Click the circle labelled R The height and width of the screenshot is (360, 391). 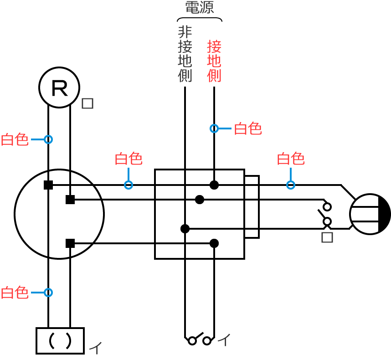59,87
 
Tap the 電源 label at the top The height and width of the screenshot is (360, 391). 199,7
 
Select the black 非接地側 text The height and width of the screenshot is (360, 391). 185,54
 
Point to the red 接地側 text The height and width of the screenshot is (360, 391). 214,61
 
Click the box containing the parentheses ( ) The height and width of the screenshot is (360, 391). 60,340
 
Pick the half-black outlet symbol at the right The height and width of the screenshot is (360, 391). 370,214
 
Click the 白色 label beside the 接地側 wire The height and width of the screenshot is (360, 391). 247,129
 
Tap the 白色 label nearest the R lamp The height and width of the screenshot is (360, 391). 15,139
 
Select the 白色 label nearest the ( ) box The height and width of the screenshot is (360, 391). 15,293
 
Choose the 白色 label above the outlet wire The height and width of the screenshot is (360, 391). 291,159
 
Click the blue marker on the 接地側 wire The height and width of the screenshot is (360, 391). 214,129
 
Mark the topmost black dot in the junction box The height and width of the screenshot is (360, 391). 214,185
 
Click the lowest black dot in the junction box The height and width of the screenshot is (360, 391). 214,243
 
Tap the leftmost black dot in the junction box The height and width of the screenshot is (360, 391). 185,229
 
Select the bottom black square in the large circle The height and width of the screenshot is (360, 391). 70,243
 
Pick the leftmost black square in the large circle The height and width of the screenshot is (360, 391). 48,185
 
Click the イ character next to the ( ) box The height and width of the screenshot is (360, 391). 95,349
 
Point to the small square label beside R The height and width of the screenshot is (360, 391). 87,103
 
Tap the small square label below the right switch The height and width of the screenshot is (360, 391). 327,237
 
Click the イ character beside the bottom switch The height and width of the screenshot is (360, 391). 224,339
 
